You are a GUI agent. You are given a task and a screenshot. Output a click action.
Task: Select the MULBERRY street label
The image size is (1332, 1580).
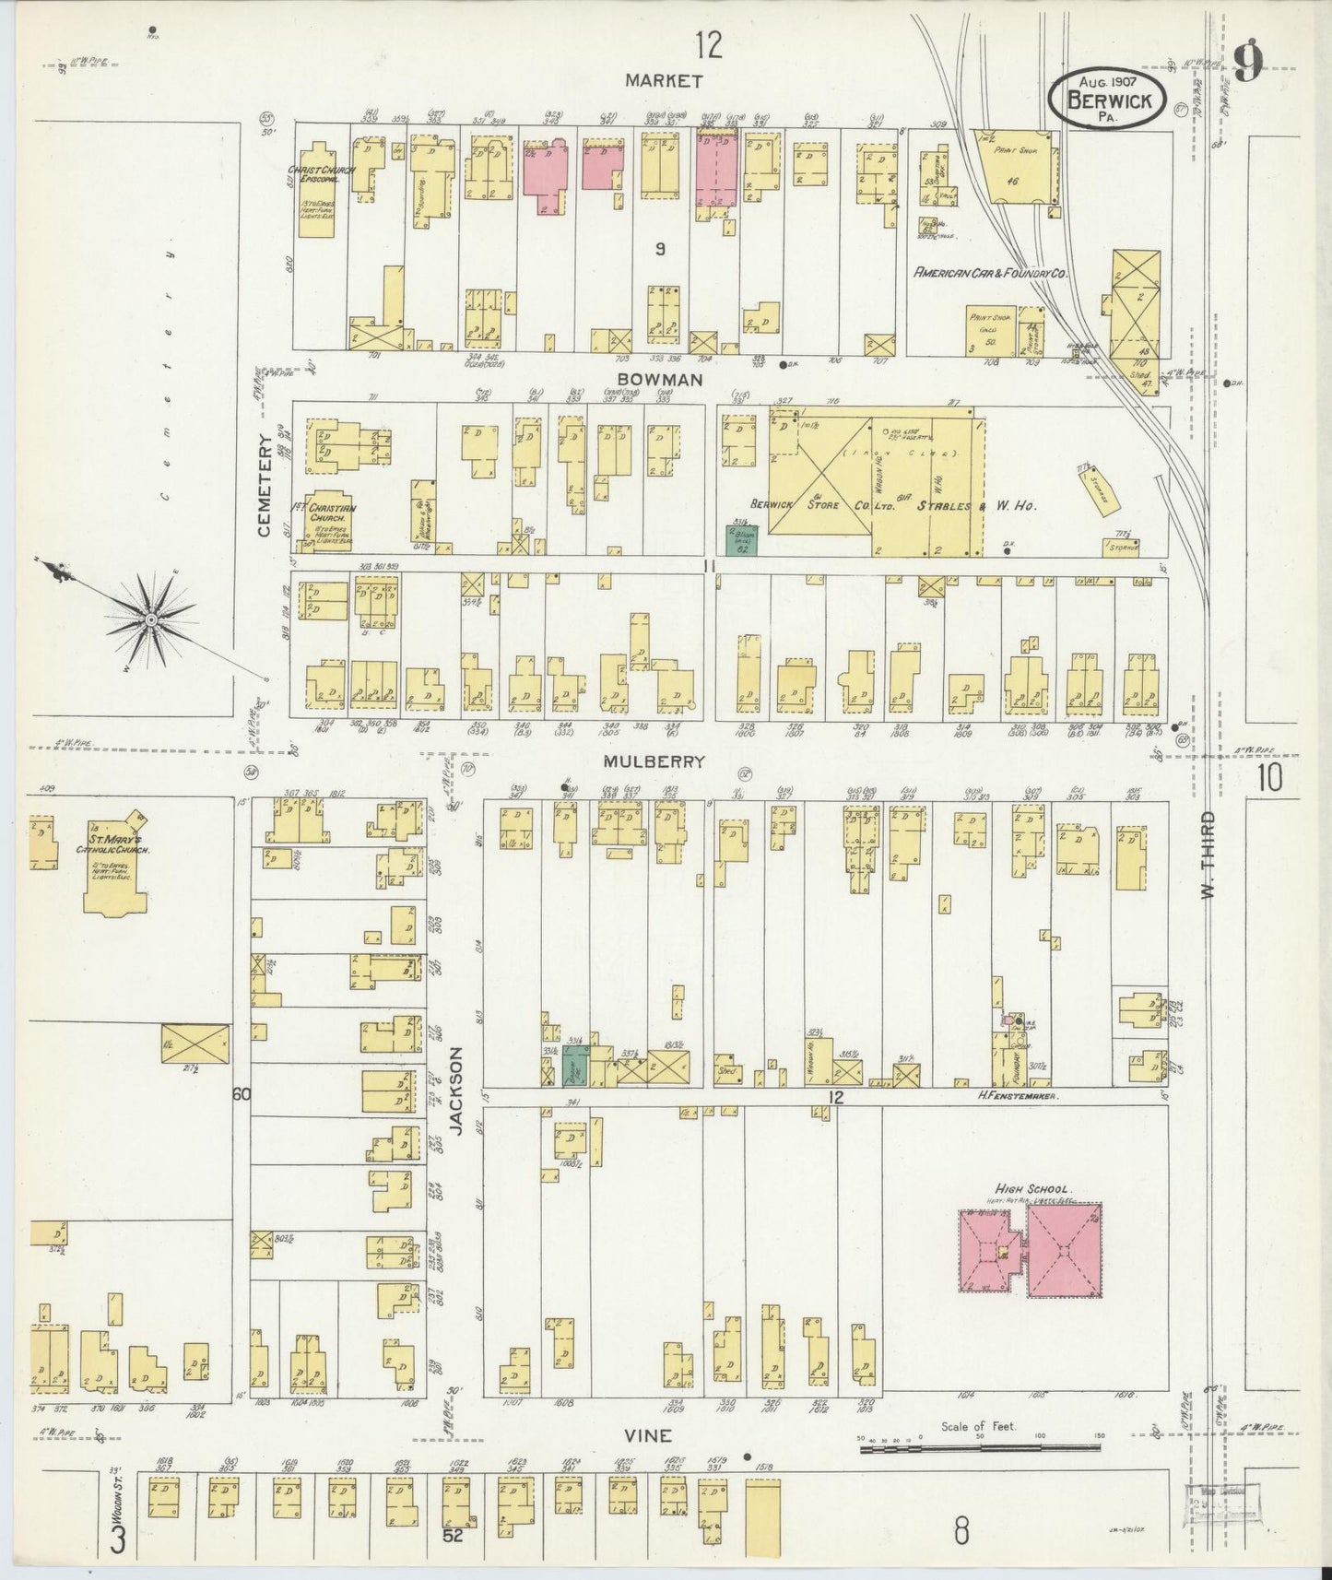pyautogui.click(x=654, y=762)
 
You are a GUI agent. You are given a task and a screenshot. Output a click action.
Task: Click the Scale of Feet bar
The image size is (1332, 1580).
pyautogui.click(x=976, y=1450)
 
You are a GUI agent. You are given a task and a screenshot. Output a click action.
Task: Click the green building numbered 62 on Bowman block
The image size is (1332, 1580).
pyautogui.click(x=742, y=541)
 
